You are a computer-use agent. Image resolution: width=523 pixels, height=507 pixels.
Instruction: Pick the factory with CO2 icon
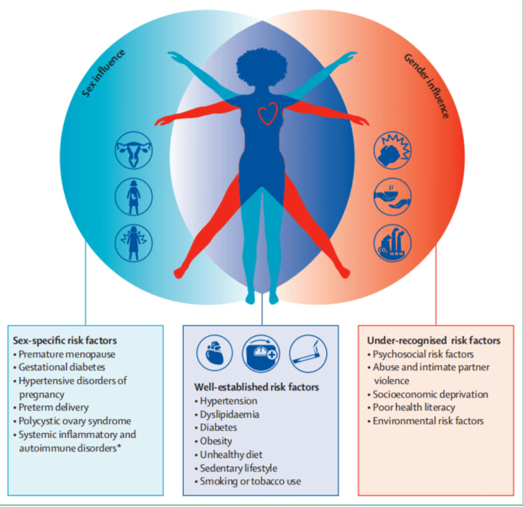[393, 239]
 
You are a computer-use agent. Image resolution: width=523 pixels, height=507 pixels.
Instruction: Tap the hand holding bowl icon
[393, 194]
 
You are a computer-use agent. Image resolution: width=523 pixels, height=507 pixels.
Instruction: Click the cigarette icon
[309, 352]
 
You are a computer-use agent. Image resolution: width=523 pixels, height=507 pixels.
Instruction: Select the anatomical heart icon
[214, 352]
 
